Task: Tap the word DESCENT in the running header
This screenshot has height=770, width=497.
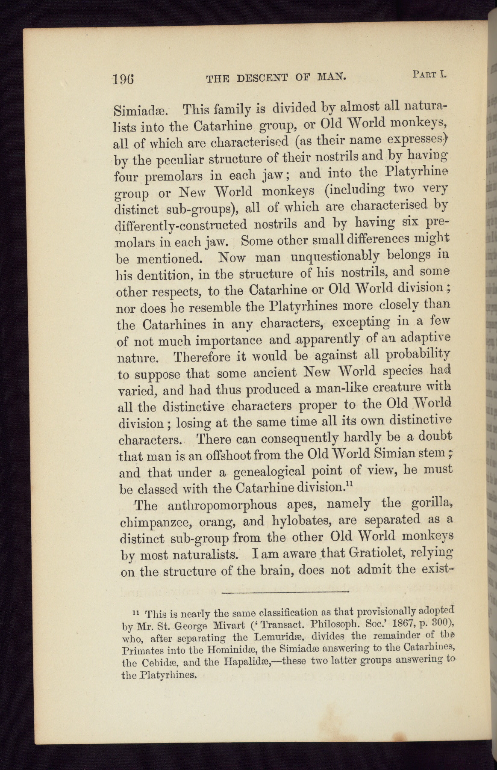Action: (x=263, y=78)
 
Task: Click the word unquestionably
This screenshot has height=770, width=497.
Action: (x=334, y=257)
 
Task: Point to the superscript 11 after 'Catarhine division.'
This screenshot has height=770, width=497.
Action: (x=348, y=485)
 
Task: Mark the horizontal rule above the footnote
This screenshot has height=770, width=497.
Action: (x=285, y=592)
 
